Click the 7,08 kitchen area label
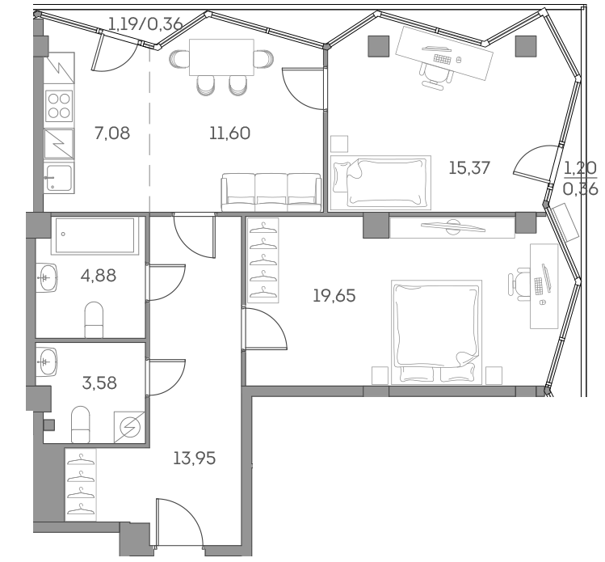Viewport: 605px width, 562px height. click(111, 133)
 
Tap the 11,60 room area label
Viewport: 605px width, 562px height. click(229, 133)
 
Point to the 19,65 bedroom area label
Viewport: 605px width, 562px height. click(334, 296)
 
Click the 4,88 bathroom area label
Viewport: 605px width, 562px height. click(99, 276)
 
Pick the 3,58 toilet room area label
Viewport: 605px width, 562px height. click(99, 382)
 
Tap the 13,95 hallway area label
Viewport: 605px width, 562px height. click(195, 458)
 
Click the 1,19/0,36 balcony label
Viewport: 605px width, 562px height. click(145, 23)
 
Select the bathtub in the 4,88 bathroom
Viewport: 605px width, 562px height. click(94, 235)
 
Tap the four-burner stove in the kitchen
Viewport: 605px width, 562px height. click(59, 105)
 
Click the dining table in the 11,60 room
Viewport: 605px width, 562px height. click(222, 58)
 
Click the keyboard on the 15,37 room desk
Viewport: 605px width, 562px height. click(443, 57)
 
